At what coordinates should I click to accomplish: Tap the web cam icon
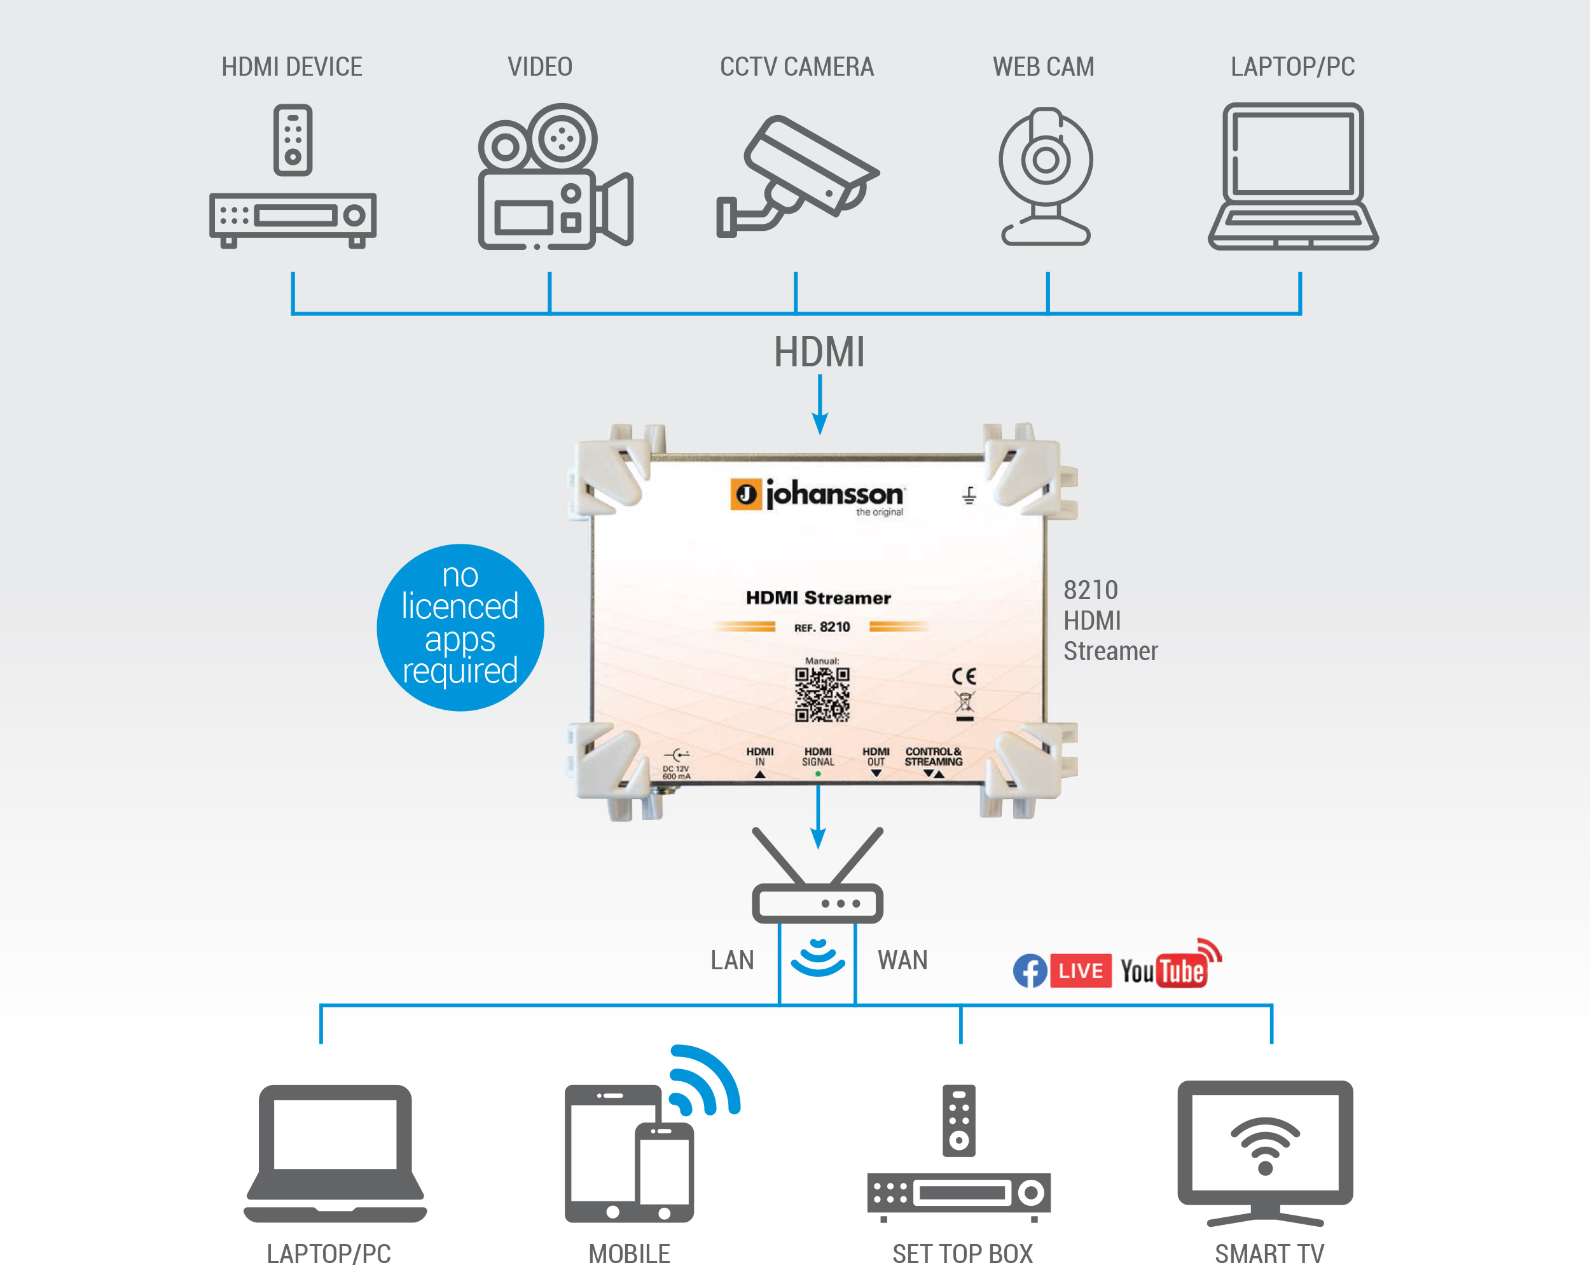[1046, 176]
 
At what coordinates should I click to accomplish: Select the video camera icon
[555, 176]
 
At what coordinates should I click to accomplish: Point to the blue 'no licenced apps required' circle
[460, 627]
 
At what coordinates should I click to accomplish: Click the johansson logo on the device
[817, 495]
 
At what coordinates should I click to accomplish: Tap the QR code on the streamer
[822, 694]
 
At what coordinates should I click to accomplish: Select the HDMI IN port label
[759, 757]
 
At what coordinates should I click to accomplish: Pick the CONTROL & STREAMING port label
[934, 757]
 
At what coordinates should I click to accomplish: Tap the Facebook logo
[1030, 971]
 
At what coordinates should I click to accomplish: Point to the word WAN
[902, 960]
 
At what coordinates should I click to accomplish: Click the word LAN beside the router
[732, 960]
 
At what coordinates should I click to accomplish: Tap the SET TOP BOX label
[962, 1253]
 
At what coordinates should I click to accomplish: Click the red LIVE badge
[1081, 971]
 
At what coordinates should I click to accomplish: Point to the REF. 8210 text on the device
[822, 627]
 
